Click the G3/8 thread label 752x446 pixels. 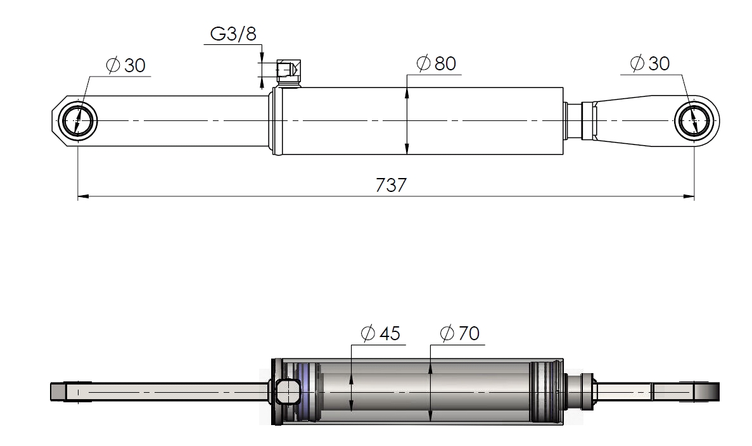click(233, 34)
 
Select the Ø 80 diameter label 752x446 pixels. click(436, 63)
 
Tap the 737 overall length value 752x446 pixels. click(391, 185)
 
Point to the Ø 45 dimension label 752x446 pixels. click(380, 333)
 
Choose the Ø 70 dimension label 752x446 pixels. click(459, 333)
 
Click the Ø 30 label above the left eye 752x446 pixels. click(125, 65)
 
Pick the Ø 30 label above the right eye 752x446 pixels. click(650, 63)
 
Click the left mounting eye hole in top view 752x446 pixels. click(77, 121)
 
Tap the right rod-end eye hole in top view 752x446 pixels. click(694, 121)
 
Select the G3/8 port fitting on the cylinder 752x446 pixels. click(289, 73)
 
